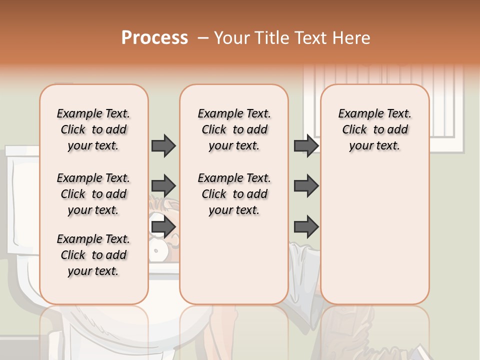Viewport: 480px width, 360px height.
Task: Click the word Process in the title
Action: [x=154, y=38]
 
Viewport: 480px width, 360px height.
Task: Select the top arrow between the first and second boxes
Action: [x=163, y=145]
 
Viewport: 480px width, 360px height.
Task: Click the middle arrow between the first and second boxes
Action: [x=163, y=186]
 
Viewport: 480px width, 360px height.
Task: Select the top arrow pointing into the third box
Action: [x=306, y=145]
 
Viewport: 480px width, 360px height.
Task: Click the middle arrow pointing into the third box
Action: [x=306, y=186]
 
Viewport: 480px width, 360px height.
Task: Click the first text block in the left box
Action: [x=93, y=129]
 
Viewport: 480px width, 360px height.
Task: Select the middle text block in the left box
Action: [x=93, y=194]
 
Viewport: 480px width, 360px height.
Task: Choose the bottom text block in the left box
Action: [x=93, y=255]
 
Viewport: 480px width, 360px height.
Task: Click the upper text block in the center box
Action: [x=234, y=129]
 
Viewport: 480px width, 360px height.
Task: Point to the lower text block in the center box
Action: [x=234, y=194]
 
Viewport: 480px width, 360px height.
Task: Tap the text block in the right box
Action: [x=375, y=129]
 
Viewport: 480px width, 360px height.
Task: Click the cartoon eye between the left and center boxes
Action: [x=159, y=249]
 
